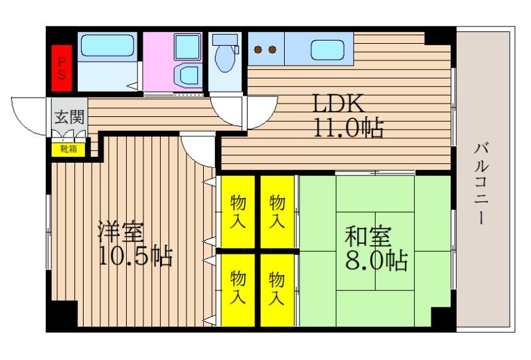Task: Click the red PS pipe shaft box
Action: (62, 68)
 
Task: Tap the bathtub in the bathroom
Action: (107, 46)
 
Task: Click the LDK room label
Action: (339, 104)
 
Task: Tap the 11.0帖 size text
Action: (348, 127)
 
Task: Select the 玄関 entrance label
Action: (68, 118)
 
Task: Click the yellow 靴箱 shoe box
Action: (68, 149)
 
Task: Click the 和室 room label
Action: (368, 236)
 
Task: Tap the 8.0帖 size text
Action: (375, 260)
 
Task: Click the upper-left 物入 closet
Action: (238, 211)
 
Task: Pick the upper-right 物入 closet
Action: (277, 211)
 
